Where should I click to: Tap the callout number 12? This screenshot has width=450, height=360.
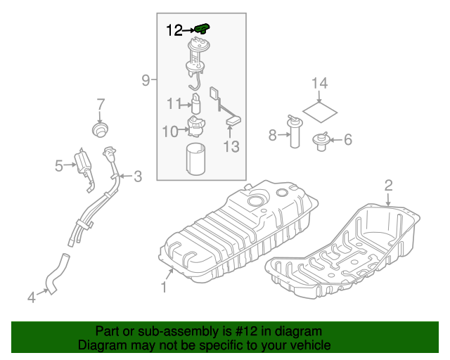click(174, 30)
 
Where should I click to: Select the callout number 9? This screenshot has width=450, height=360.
click(146, 81)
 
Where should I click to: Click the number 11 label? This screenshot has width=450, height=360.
click(174, 104)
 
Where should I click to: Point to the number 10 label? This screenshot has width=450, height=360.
click(170, 131)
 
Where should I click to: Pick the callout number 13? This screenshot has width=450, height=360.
click(231, 146)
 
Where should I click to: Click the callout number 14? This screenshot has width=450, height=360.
click(320, 84)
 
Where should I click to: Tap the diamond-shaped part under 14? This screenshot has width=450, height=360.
click(321, 111)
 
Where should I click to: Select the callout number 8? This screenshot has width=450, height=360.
click(273, 135)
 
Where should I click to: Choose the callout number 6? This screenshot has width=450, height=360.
click(347, 140)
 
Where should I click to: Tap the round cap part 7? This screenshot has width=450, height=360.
click(101, 130)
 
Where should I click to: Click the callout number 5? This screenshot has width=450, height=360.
click(60, 166)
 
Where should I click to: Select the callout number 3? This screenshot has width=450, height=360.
click(138, 176)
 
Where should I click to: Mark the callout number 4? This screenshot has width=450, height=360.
click(31, 298)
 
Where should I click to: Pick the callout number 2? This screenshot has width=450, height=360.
click(387, 186)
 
